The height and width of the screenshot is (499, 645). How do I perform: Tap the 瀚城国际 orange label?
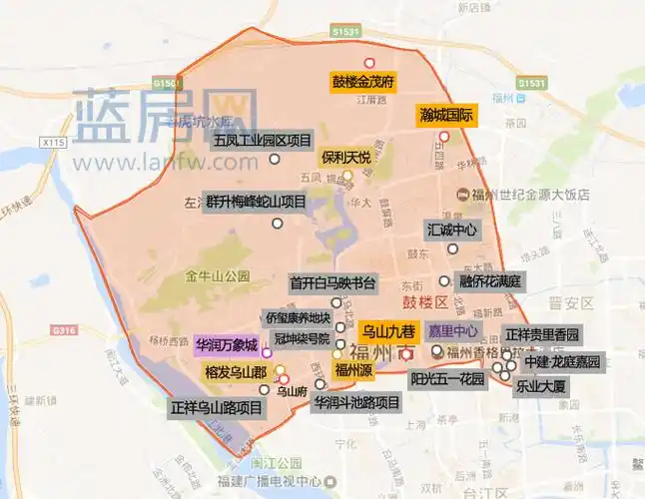click(x=445, y=115)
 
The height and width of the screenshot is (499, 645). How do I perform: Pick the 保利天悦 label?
click(x=346, y=158)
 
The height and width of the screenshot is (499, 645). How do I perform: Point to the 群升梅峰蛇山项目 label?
click(x=255, y=200)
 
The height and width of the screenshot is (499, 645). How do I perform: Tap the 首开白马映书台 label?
click(x=331, y=282)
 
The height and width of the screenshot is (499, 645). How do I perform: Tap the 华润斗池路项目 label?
click(x=356, y=403)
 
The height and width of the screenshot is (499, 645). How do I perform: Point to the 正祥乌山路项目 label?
click(x=216, y=408)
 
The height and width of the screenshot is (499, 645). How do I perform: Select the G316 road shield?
click(x=64, y=330)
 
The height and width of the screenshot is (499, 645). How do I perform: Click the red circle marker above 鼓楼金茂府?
click(x=369, y=63)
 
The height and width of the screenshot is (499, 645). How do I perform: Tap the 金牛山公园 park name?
click(x=217, y=275)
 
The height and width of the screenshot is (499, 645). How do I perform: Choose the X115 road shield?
click(x=54, y=145)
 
